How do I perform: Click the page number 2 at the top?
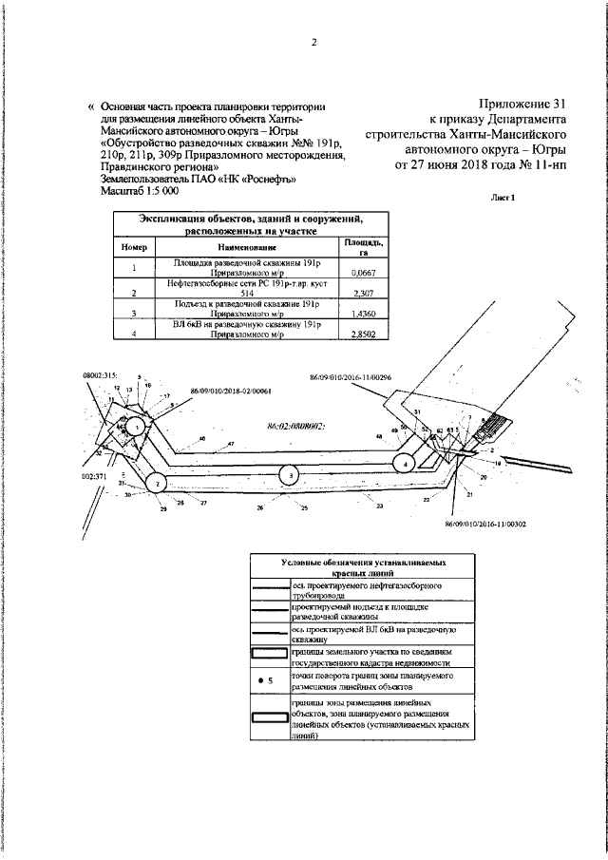click(x=312, y=42)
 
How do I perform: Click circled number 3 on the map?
click(x=287, y=474)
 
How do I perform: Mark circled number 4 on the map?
click(x=406, y=463)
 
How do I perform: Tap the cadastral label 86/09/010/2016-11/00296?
click(x=351, y=377)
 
